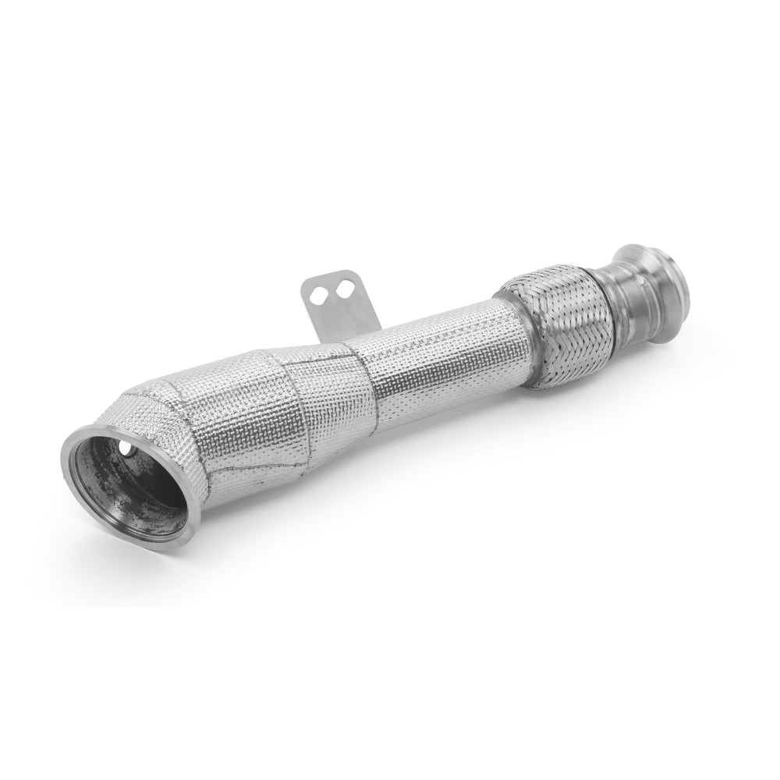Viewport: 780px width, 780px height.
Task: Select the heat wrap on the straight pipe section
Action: pos(425,367)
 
